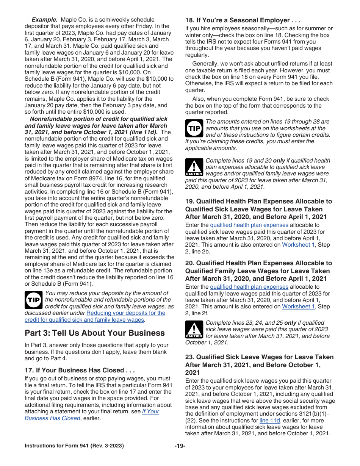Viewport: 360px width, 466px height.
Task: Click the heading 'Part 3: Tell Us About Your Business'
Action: [95, 333]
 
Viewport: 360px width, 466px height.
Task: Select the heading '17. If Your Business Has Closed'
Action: [80, 370]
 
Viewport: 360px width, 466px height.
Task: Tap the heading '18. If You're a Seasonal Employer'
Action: [243, 20]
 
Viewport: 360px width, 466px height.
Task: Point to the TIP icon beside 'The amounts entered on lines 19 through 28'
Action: [194, 128]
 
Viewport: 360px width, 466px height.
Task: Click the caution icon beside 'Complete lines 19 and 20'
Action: [194, 167]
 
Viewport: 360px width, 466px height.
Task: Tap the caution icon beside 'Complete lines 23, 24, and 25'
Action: [194, 329]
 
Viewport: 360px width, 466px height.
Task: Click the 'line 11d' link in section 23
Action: [269, 420]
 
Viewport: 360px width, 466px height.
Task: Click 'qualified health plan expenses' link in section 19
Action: [249, 225]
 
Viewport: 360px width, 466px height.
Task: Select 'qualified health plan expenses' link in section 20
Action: [249, 287]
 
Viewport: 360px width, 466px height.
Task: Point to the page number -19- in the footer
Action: [180, 446]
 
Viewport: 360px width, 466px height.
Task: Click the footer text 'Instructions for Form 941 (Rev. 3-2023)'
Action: [74, 446]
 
